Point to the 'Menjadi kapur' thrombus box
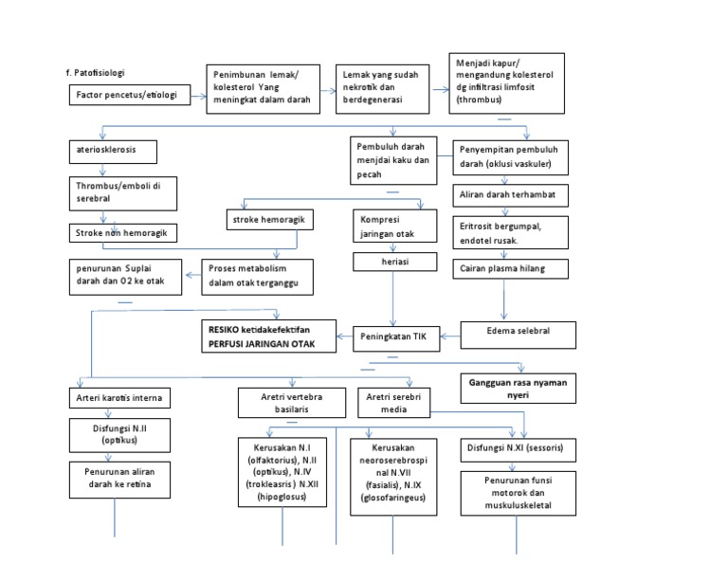pyautogui.click(x=507, y=83)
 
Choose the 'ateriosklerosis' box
pyautogui.click(x=111, y=152)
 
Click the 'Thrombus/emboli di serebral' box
pyautogui.click(x=120, y=191)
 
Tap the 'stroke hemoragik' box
pyautogui.click(x=268, y=221)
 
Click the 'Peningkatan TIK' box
pyautogui.click(x=396, y=336)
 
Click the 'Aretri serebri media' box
pyautogui.click(x=392, y=403)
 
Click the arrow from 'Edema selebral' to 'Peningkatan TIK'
pyautogui.click(x=447, y=335)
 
